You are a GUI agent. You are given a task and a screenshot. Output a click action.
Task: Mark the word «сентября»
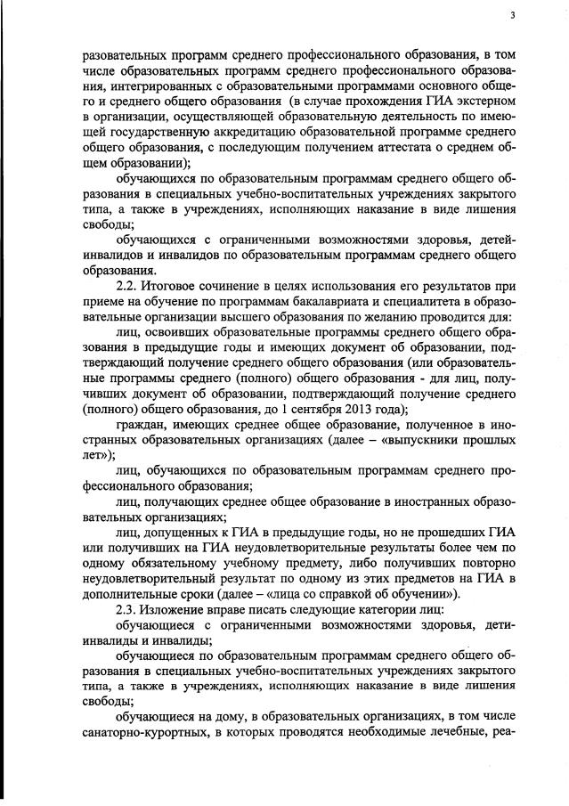coord(313,409)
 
